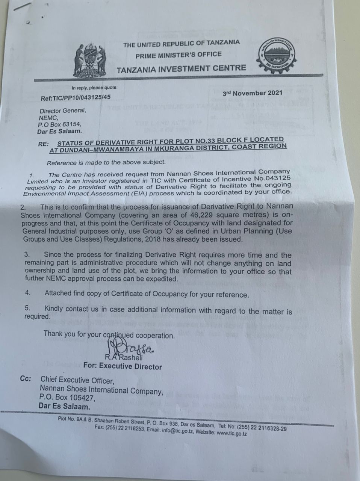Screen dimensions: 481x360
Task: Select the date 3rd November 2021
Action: tap(252, 93)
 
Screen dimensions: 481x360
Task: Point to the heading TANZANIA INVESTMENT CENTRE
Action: tap(181, 69)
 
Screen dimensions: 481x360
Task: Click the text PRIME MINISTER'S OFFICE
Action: tap(178, 55)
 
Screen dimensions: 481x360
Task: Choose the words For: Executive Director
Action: tap(123, 366)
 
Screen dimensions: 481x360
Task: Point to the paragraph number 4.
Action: tap(27, 292)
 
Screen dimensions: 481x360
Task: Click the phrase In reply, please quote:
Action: tap(94, 88)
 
